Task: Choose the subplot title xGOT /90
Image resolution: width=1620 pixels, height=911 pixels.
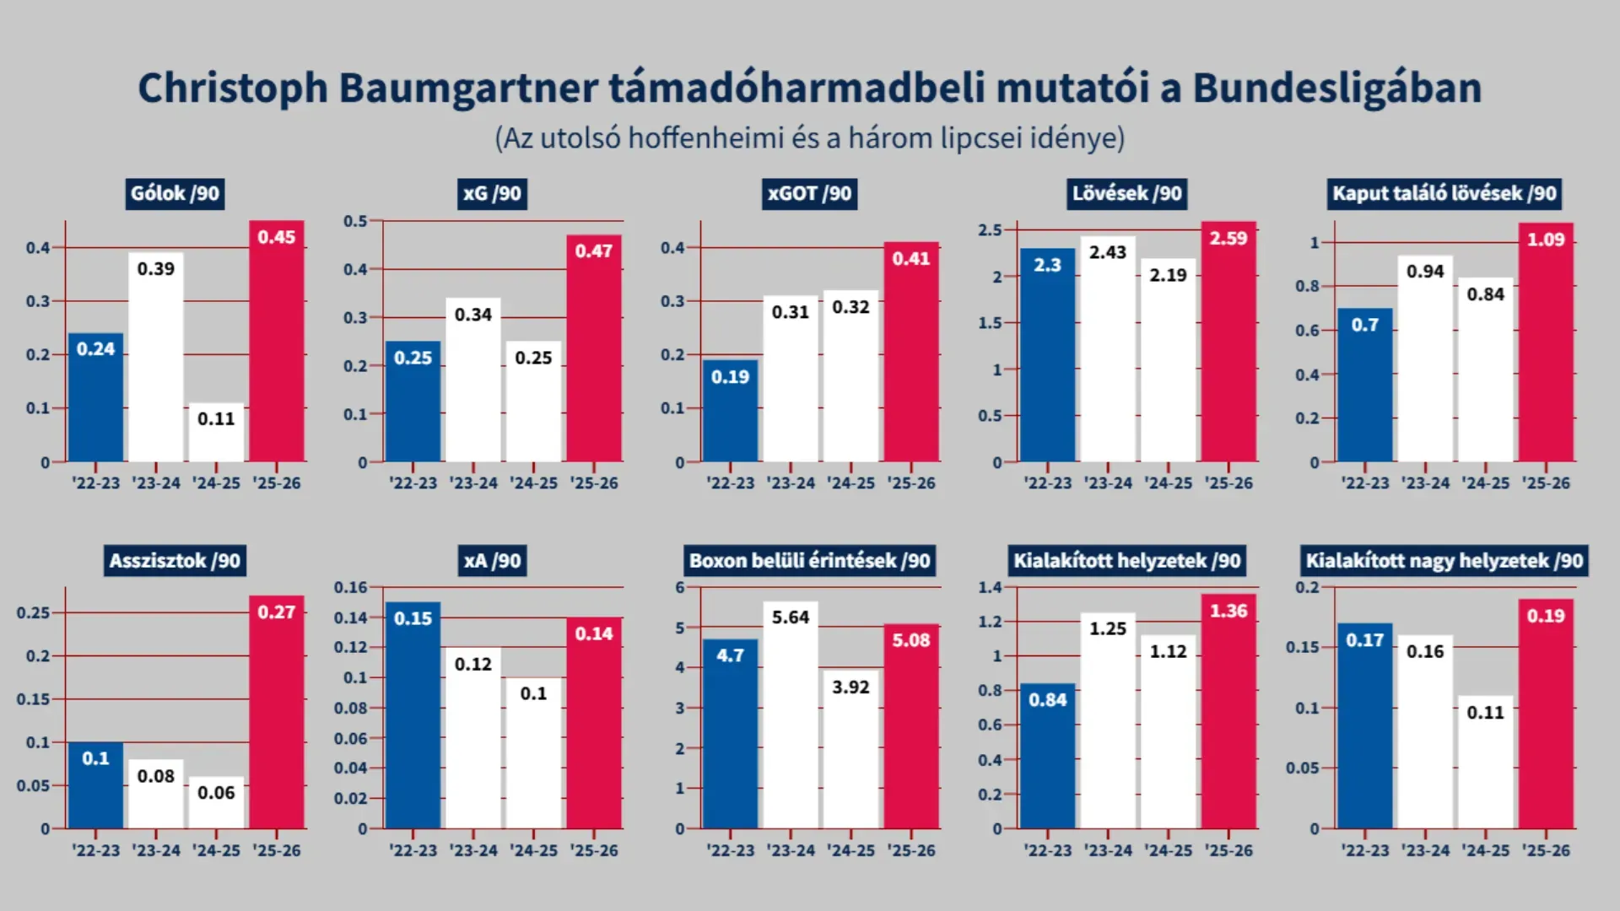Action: point(809,194)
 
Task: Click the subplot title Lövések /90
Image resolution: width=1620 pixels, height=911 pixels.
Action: point(1126,194)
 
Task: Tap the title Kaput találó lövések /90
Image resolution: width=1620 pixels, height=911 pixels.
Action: point(1444,194)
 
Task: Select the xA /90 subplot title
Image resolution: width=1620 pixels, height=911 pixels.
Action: point(493,561)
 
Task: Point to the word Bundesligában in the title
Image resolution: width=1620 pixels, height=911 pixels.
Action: point(1336,88)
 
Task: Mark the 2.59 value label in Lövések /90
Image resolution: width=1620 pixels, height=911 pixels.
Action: point(1228,239)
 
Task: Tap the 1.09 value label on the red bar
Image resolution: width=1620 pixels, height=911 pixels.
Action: point(1545,240)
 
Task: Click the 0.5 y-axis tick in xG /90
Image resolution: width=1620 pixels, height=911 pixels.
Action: point(355,221)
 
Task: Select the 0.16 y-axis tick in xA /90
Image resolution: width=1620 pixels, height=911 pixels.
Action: point(351,587)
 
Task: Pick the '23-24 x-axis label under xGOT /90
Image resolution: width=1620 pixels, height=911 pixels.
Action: point(791,483)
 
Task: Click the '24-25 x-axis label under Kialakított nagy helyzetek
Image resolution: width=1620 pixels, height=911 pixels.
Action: point(1485,850)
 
